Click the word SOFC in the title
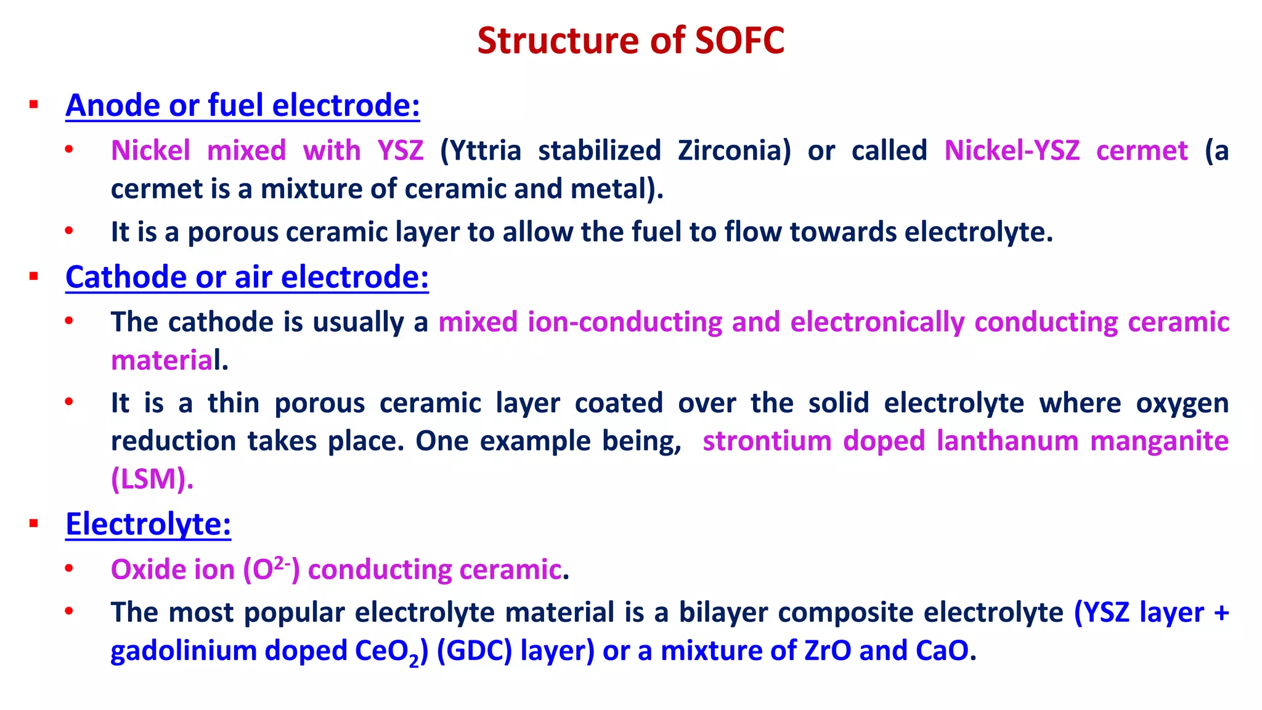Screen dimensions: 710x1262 pyautogui.click(x=739, y=41)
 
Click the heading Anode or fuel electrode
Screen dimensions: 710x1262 pyautogui.click(x=243, y=105)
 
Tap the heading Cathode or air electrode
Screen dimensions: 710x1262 pyautogui.click(x=246, y=277)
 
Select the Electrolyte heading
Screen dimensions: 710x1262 pyautogui.click(x=148, y=524)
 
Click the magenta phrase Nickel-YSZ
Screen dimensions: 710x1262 pyautogui.click(x=1012, y=151)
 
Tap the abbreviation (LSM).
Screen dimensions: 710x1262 pyautogui.click(x=152, y=479)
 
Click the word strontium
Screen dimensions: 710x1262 pyautogui.click(x=767, y=441)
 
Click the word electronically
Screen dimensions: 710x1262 pyautogui.click(x=877, y=322)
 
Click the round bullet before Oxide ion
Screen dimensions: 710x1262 pyautogui.click(x=69, y=568)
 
